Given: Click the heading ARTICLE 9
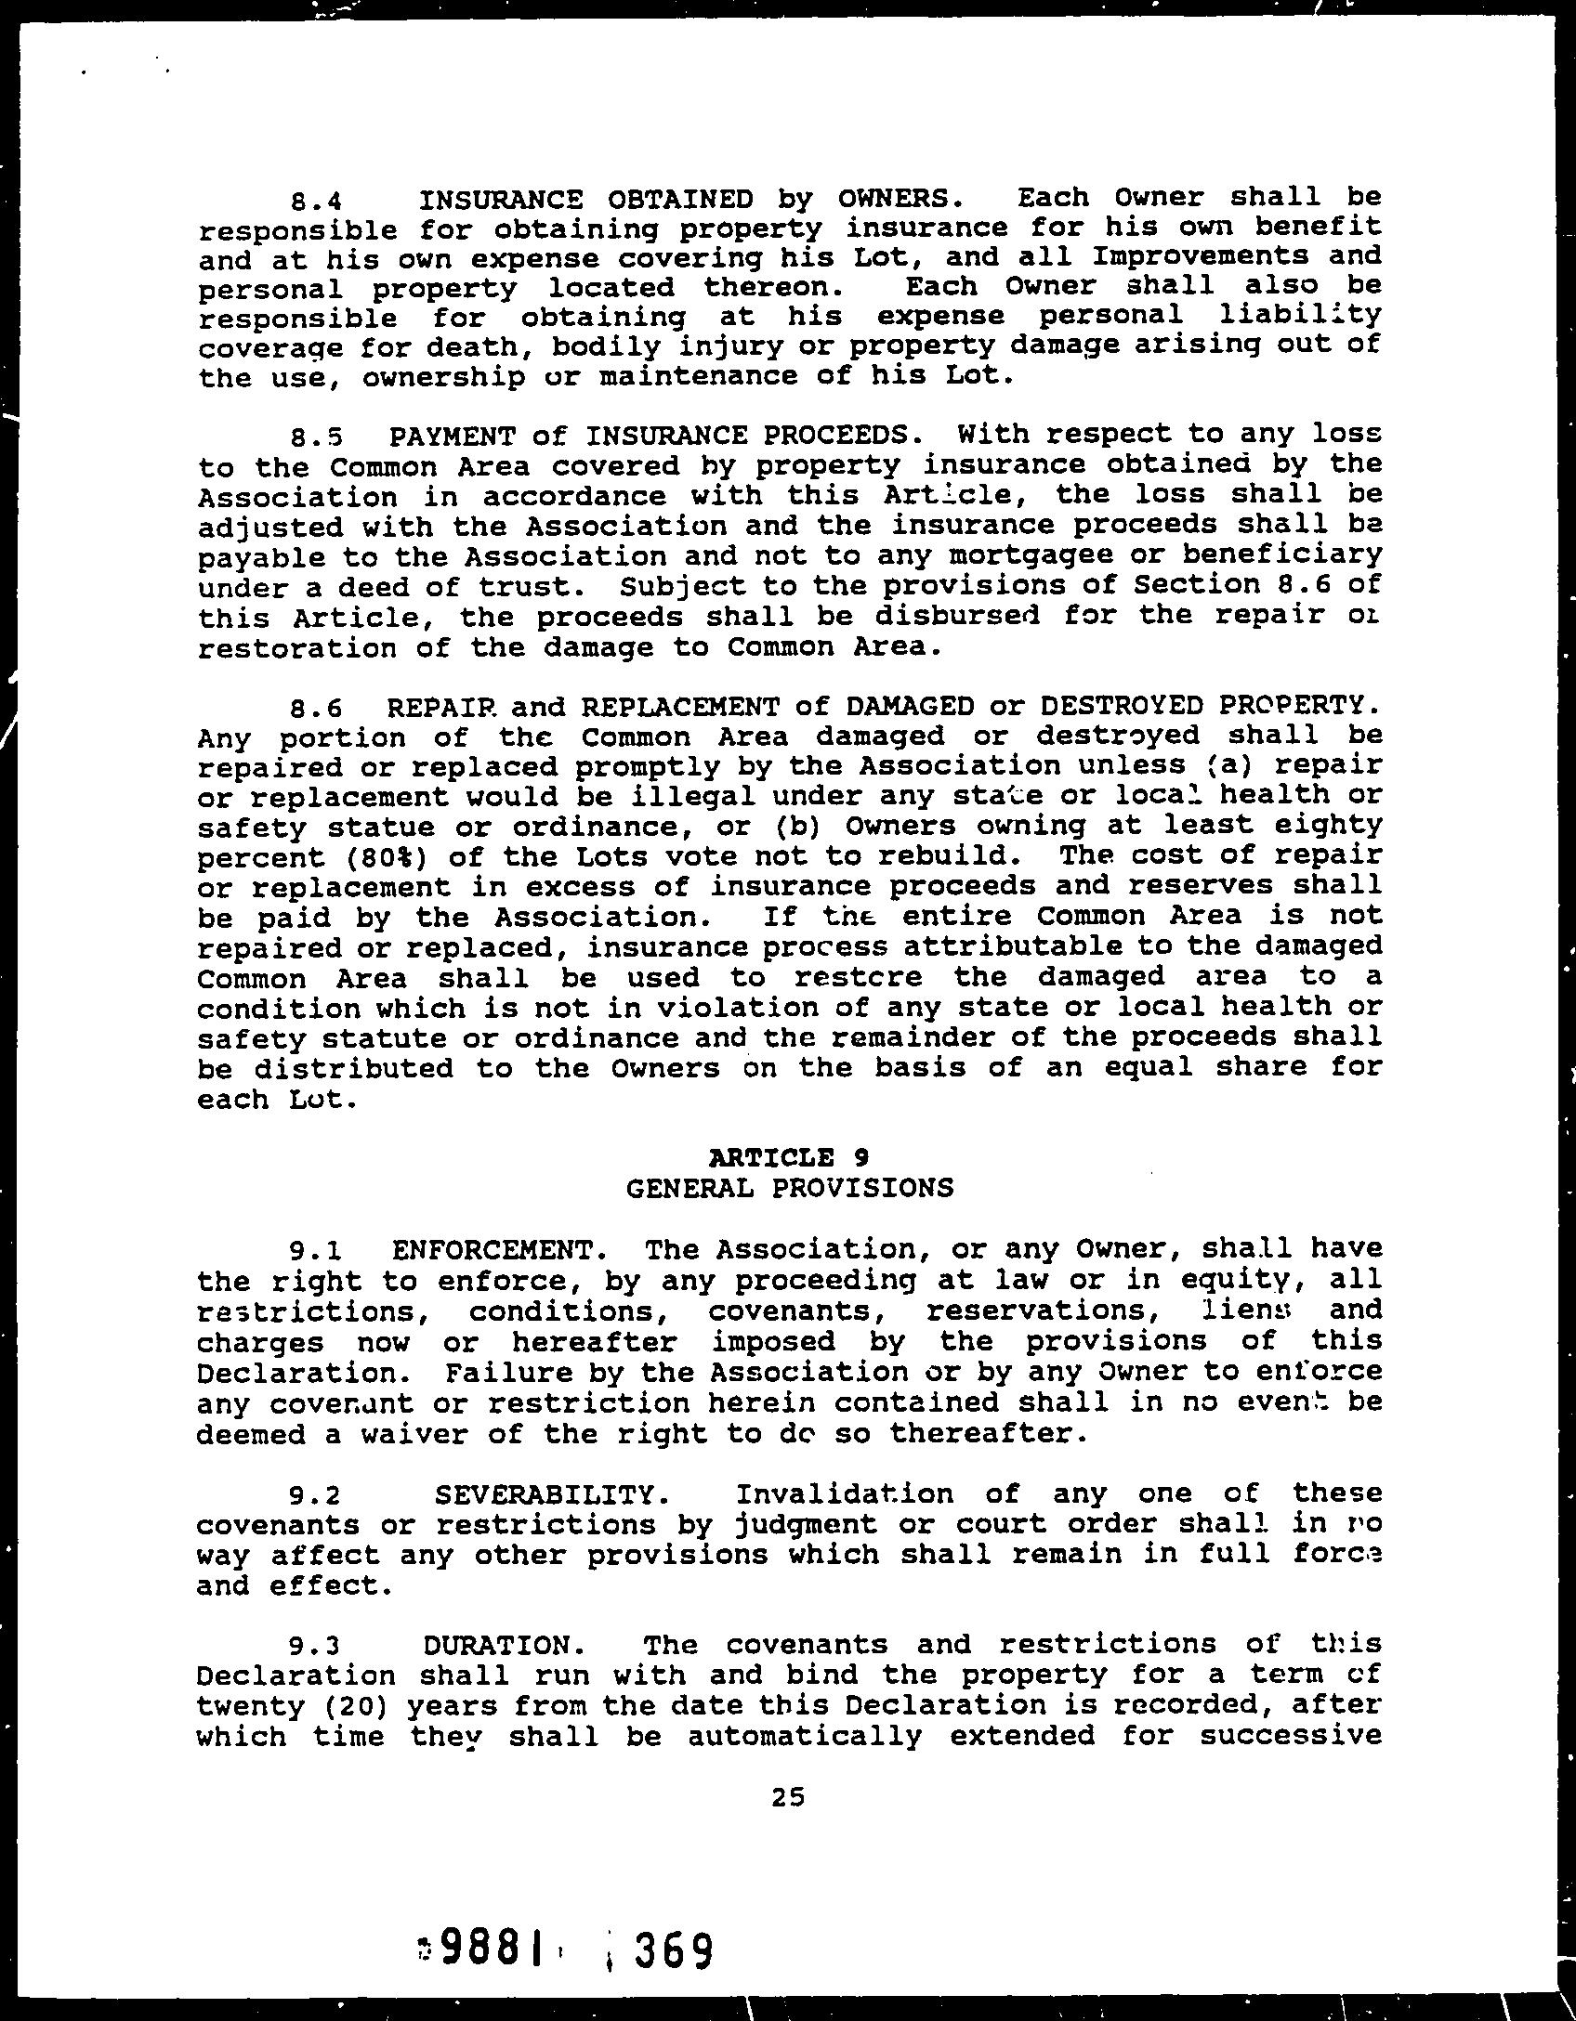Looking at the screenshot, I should pos(788,1157).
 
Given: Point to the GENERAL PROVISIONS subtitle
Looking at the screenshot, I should pos(790,1188).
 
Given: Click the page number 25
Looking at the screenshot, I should pos(787,1797).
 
